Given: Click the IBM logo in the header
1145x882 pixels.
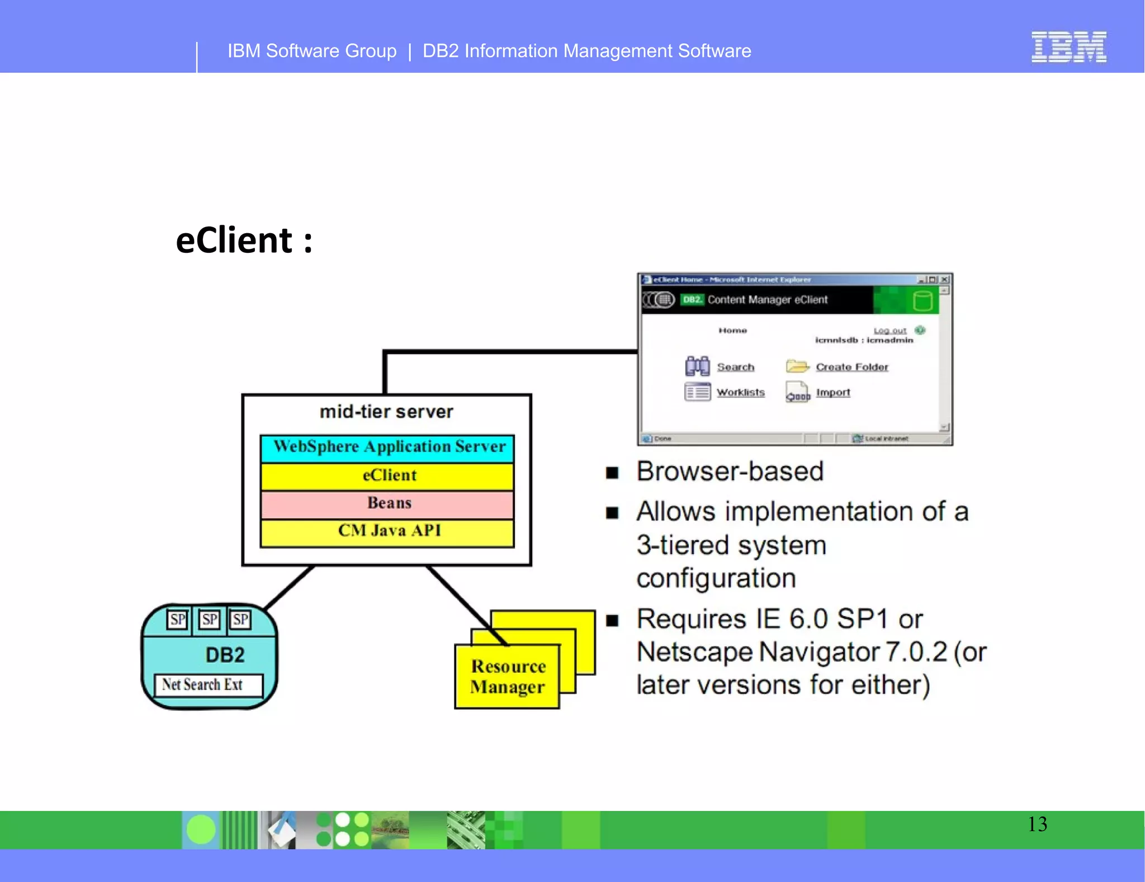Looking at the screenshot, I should point(1068,47).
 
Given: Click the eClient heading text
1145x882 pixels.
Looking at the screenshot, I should point(244,240).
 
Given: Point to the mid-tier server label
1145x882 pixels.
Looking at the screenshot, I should point(386,412).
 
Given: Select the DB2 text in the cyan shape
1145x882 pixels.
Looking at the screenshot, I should point(225,655).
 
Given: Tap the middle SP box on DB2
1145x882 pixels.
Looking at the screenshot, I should point(210,620).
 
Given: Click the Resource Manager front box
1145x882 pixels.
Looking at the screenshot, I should point(507,677).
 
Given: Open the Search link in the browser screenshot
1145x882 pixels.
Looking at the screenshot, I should point(735,367).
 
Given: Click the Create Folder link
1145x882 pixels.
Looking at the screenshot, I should point(851,367).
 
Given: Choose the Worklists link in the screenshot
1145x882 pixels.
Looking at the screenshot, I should point(740,393).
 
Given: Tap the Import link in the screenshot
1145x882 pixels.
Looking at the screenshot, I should point(832,393).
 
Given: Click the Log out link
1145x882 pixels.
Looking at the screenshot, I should point(889,331).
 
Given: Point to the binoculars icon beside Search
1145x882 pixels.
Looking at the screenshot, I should point(697,366).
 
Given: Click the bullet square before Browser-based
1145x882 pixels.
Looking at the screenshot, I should point(612,473).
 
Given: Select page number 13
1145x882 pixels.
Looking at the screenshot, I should point(1037,824).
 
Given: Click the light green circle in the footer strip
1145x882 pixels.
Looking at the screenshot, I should point(201,829).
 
